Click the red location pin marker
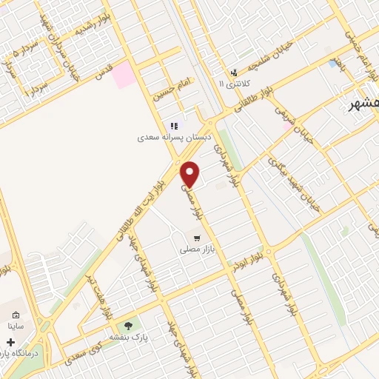(190, 174)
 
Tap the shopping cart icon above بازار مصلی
(196, 238)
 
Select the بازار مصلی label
(195, 250)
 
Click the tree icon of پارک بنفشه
(130, 325)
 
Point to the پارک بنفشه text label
(130, 337)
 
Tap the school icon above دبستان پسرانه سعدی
(175, 126)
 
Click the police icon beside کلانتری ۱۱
(235, 73)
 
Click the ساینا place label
(16, 325)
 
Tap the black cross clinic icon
(10, 343)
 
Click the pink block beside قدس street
(124, 75)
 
